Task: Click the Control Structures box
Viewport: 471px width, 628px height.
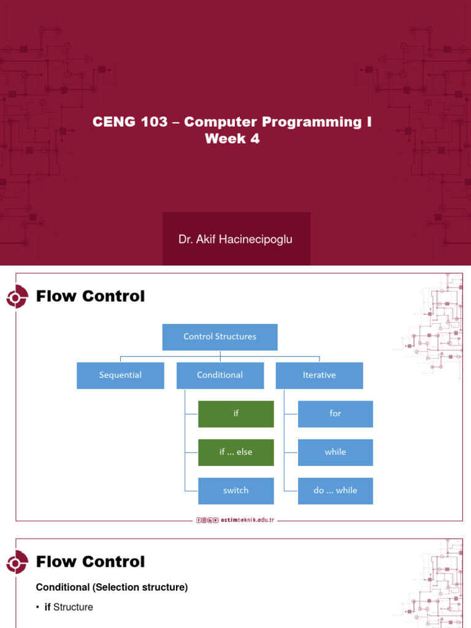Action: pos(220,337)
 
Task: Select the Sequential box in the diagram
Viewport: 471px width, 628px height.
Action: pos(120,375)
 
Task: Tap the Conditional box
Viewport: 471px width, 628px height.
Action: pos(220,375)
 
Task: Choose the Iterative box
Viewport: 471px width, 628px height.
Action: pos(319,375)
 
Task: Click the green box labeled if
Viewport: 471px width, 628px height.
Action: pos(235,414)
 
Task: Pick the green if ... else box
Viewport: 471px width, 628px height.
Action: pos(235,453)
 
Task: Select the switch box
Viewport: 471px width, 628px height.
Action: pos(235,491)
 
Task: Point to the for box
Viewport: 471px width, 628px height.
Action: pos(335,414)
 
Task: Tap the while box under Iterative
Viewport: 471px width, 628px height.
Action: pos(335,453)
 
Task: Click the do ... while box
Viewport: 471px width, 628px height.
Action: pos(335,491)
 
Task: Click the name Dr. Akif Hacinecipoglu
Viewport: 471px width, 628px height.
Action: pos(235,239)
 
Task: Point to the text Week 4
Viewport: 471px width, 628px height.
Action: pos(232,139)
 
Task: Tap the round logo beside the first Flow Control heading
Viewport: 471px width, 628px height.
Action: pos(16,297)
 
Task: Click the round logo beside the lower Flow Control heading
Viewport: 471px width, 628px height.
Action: pos(16,563)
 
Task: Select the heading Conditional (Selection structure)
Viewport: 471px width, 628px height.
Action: pos(112,588)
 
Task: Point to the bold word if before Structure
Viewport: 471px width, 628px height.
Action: pos(48,607)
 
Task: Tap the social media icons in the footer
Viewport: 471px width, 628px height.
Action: pos(207,520)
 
